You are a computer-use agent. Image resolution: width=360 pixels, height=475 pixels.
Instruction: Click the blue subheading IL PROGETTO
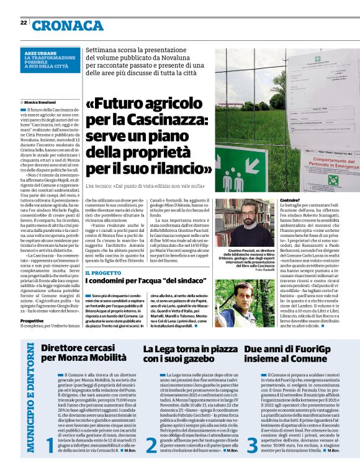click(103, 272)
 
